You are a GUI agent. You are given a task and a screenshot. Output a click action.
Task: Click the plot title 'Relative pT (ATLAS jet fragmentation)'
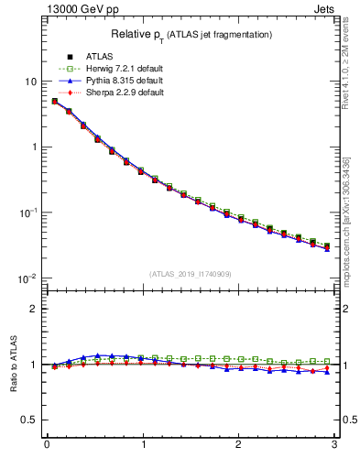pos(191,34)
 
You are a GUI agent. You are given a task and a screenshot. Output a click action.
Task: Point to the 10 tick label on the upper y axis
pos(29,82)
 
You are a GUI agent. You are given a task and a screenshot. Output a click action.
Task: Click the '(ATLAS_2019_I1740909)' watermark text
pos(191,274)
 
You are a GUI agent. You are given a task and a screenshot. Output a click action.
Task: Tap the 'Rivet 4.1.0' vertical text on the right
pos(351,73)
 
